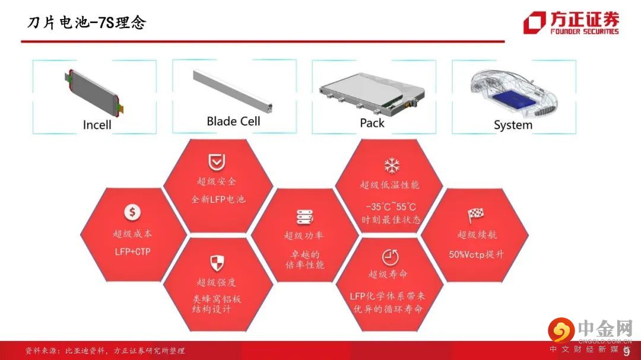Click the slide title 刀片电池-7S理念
pos(86,23)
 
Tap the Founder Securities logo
pos(571,23)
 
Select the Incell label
pos(97,125)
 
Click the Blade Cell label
pos(233,121)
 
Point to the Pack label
pos(372,123)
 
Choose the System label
pos(513,125)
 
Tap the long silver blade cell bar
pos(233,91)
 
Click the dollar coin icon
pos(132,212)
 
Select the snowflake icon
pos(392,165)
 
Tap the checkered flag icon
pos(475,214)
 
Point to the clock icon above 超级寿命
pos(390,257)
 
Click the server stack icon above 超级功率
pos(304,217)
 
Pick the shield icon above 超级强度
pos(217,263)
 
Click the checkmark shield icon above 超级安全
pos(217,163)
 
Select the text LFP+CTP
pos(132,251)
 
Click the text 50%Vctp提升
pos(476,254)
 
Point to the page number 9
pos(626,352)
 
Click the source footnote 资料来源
pos(105,351)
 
